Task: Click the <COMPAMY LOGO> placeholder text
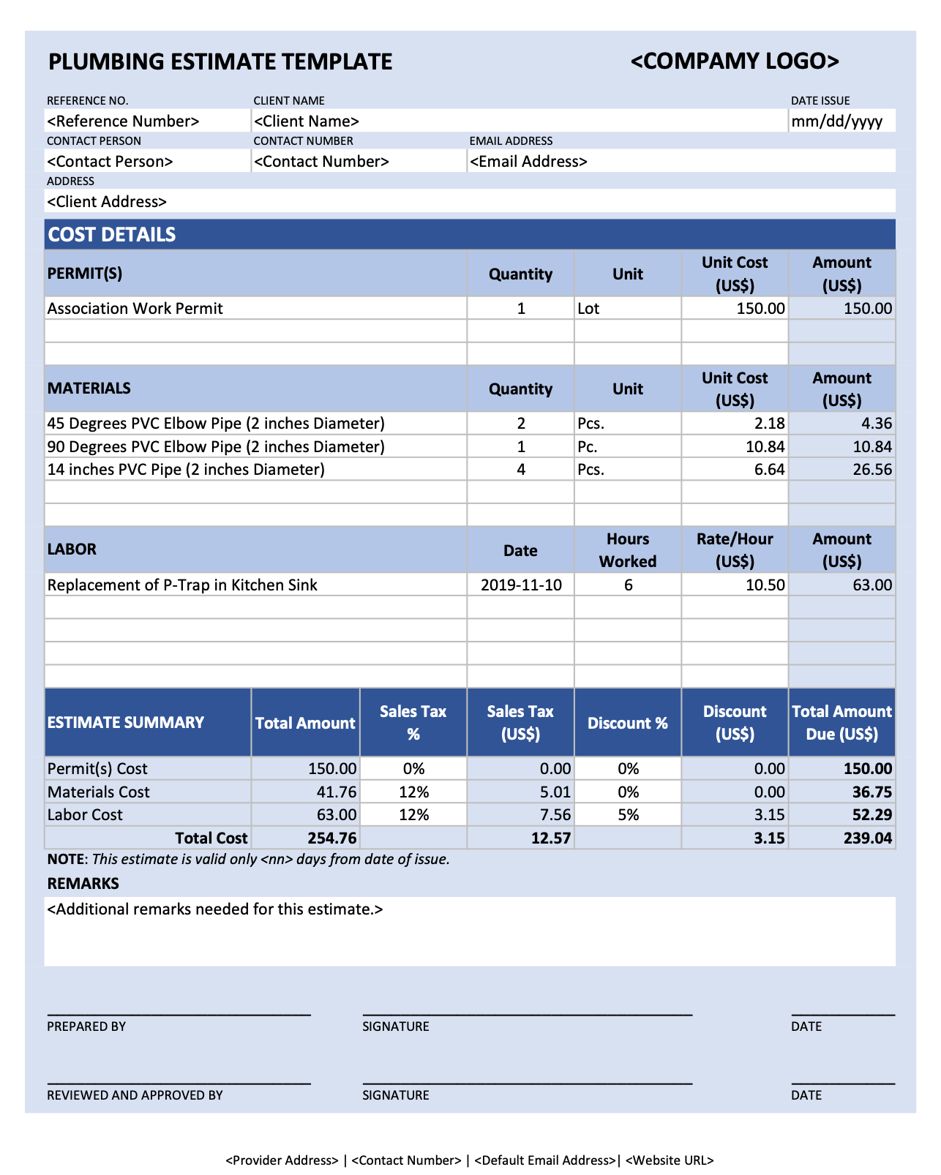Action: pos(735,61)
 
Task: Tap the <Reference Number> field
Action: pos(123,121)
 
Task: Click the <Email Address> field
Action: pos(528,162)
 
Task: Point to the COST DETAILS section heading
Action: pos(112,235)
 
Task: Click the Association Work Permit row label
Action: pos(135,309)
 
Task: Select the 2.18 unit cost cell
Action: pos(769,424)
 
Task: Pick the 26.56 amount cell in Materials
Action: pos(871,470)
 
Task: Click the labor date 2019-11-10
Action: pos(521,585)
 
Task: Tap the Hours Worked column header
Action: pos(628,550)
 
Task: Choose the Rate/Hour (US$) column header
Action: pos(735,550)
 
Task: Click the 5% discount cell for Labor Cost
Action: pos(628,815)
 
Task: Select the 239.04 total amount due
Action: pos(867,838)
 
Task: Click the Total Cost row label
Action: pos(211,838)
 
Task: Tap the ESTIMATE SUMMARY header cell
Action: pos(126,723)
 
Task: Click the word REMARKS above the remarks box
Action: pos(83,884)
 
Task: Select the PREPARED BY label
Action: pos(86,1026)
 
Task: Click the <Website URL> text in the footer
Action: pos(670,1160)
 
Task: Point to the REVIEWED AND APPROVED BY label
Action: pos(135,1095)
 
